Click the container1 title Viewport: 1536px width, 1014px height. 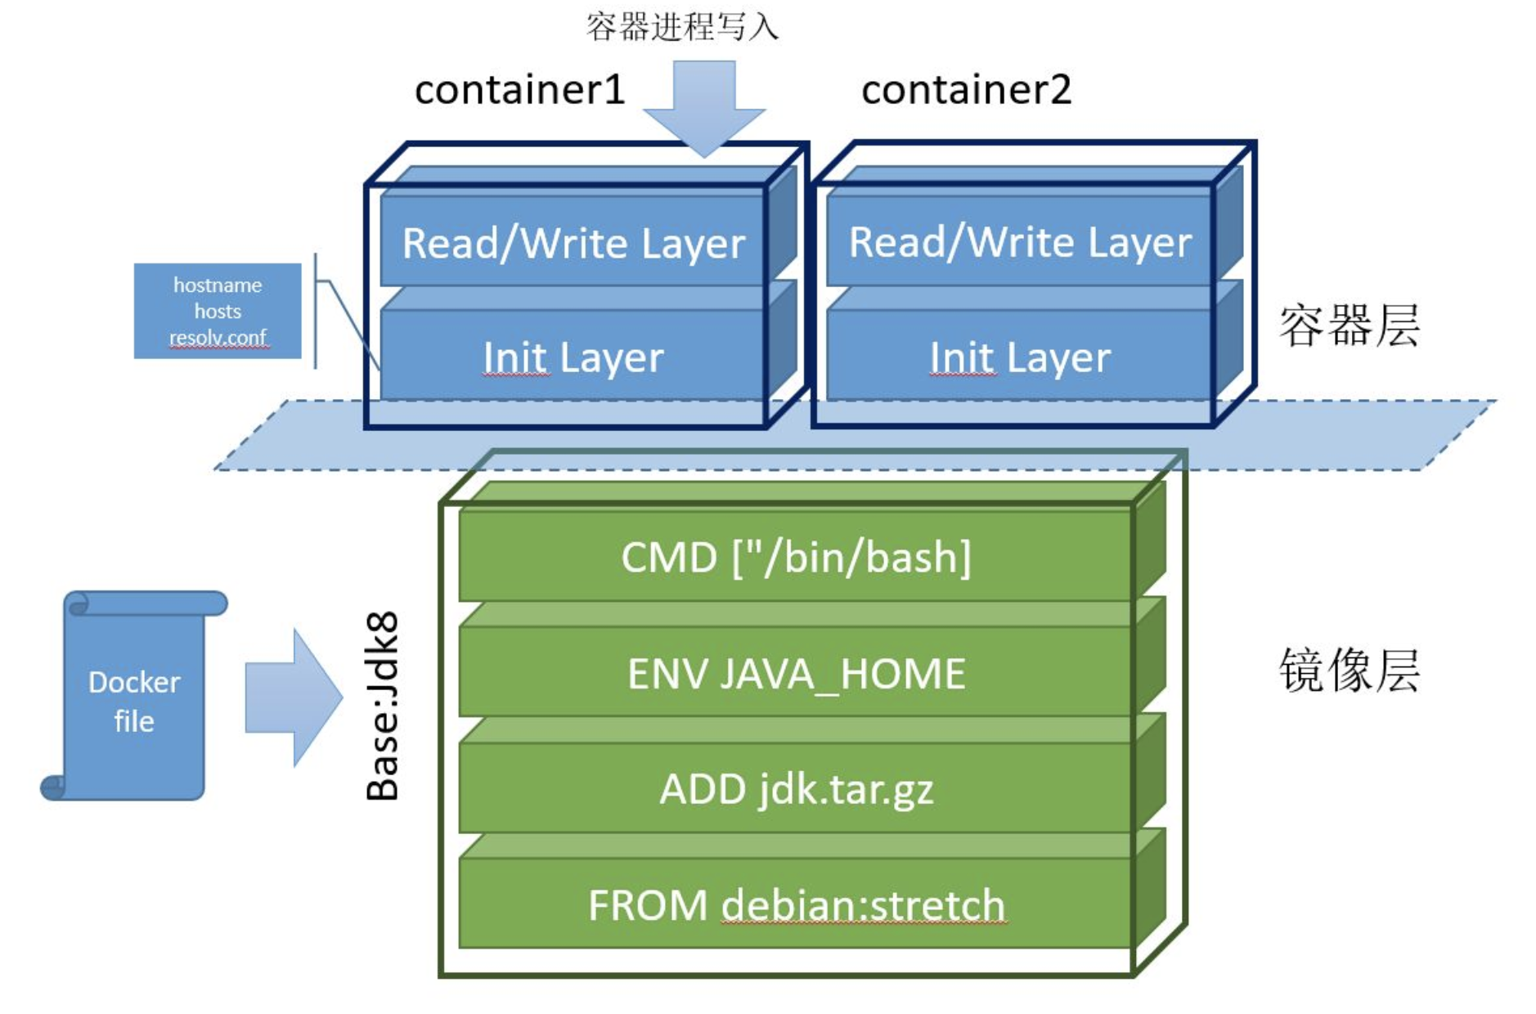pos(519,90)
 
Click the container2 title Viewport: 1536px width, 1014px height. pos(966,90)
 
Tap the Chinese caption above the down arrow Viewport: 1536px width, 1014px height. pos(682,27)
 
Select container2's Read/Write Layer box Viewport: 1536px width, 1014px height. pos(1019,243)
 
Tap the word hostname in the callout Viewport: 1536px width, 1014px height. pos(218,285)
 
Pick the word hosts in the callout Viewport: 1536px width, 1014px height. pos(218,312)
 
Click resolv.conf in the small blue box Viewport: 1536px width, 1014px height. pos(218,338)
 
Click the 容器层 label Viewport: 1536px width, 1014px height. pos(1349,325)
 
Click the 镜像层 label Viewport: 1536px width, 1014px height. pos(1349,671)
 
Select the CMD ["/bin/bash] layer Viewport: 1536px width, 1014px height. pos(796,558)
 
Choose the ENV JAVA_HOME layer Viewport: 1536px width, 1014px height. pos(796,674)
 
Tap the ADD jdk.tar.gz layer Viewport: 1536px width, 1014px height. pos(796,790)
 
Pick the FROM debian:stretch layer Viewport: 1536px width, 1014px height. pos(796,905)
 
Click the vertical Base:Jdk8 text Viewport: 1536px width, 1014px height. pos(383,705)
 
